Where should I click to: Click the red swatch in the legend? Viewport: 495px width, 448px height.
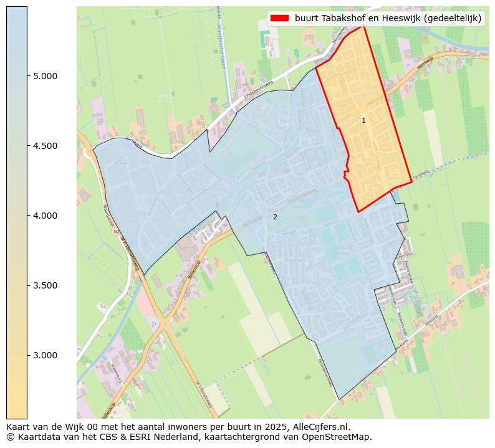(280, 18)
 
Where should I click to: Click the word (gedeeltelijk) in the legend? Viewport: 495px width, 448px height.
(451, 18)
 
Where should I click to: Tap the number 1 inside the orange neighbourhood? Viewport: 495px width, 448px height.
(363, 120)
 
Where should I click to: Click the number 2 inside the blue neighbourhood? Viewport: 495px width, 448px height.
(275, 217)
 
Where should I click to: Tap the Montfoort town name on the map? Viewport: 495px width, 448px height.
(319, 186)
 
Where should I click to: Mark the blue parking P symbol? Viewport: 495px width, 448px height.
(153, 324)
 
